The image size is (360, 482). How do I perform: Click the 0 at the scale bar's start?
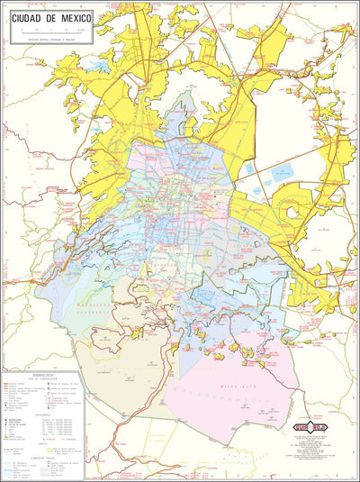pos(20,31)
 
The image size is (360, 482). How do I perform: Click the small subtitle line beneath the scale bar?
pos(49,37)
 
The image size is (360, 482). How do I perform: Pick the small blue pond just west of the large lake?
pos(250,169)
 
